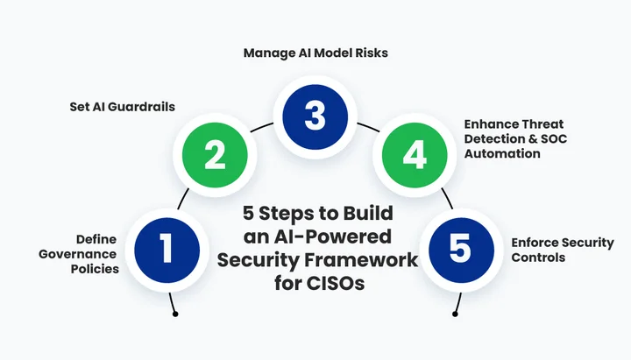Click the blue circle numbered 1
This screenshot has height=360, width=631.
point(167,249)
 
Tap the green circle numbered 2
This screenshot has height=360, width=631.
point(215,155)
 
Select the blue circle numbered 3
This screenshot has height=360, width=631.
point(315,115)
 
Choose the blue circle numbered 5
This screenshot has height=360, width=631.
point(460,249)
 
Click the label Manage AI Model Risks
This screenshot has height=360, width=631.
point(315,53)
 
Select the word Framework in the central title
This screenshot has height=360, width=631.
point(367,260)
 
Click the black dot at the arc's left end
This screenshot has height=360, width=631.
point(175,314)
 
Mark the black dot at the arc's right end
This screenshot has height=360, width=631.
point(454,314)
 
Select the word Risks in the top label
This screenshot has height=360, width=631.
point(371,53)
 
